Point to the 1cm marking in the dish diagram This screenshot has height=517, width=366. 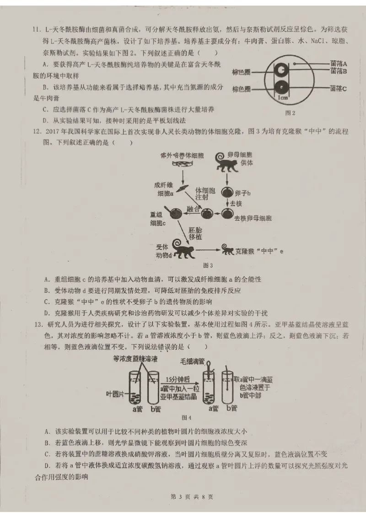click(283, 97)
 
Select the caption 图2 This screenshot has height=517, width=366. click(290, 113)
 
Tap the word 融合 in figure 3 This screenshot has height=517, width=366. click(194, 210)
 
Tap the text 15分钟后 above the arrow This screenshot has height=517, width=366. click(178, 379)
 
